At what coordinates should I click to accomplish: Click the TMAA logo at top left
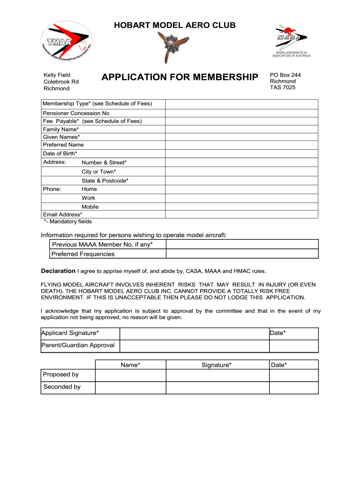point(66,41)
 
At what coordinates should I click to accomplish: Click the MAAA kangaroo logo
point(291,41)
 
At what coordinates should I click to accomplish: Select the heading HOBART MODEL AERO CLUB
point(175,25)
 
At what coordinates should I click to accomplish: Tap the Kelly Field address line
point(57,75)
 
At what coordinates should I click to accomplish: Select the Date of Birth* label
point(60,153)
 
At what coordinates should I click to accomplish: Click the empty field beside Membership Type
point(242,104)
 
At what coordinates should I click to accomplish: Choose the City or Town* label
point(99,172)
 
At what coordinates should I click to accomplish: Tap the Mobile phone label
point(90,207)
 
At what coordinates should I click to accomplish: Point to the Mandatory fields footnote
point(68,221)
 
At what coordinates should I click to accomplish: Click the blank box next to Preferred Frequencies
point(242,254)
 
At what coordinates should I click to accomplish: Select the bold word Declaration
point(58,271)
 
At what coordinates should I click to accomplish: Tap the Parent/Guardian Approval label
point(78,345)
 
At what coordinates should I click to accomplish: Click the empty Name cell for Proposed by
point(130,375)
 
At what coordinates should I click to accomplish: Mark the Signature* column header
point(216,365)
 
